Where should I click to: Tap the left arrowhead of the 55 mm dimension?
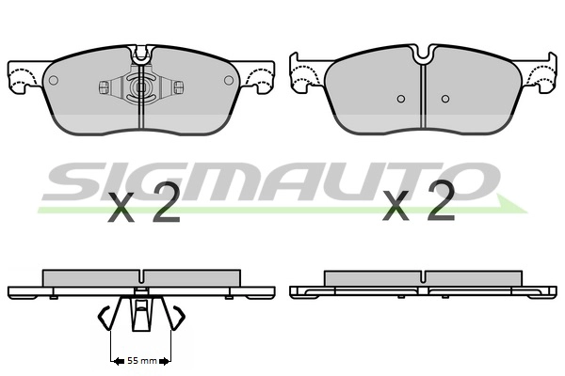[119, 361]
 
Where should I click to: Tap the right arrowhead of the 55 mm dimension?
[164, 361]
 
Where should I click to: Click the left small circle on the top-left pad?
[54, 80]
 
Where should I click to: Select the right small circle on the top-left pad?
[229, 80]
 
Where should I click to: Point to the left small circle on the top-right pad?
[401, 99]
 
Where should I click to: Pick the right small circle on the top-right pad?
[445, 99]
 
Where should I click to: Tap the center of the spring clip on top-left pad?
[141, 87]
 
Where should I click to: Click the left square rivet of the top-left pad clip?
[104, 87]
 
